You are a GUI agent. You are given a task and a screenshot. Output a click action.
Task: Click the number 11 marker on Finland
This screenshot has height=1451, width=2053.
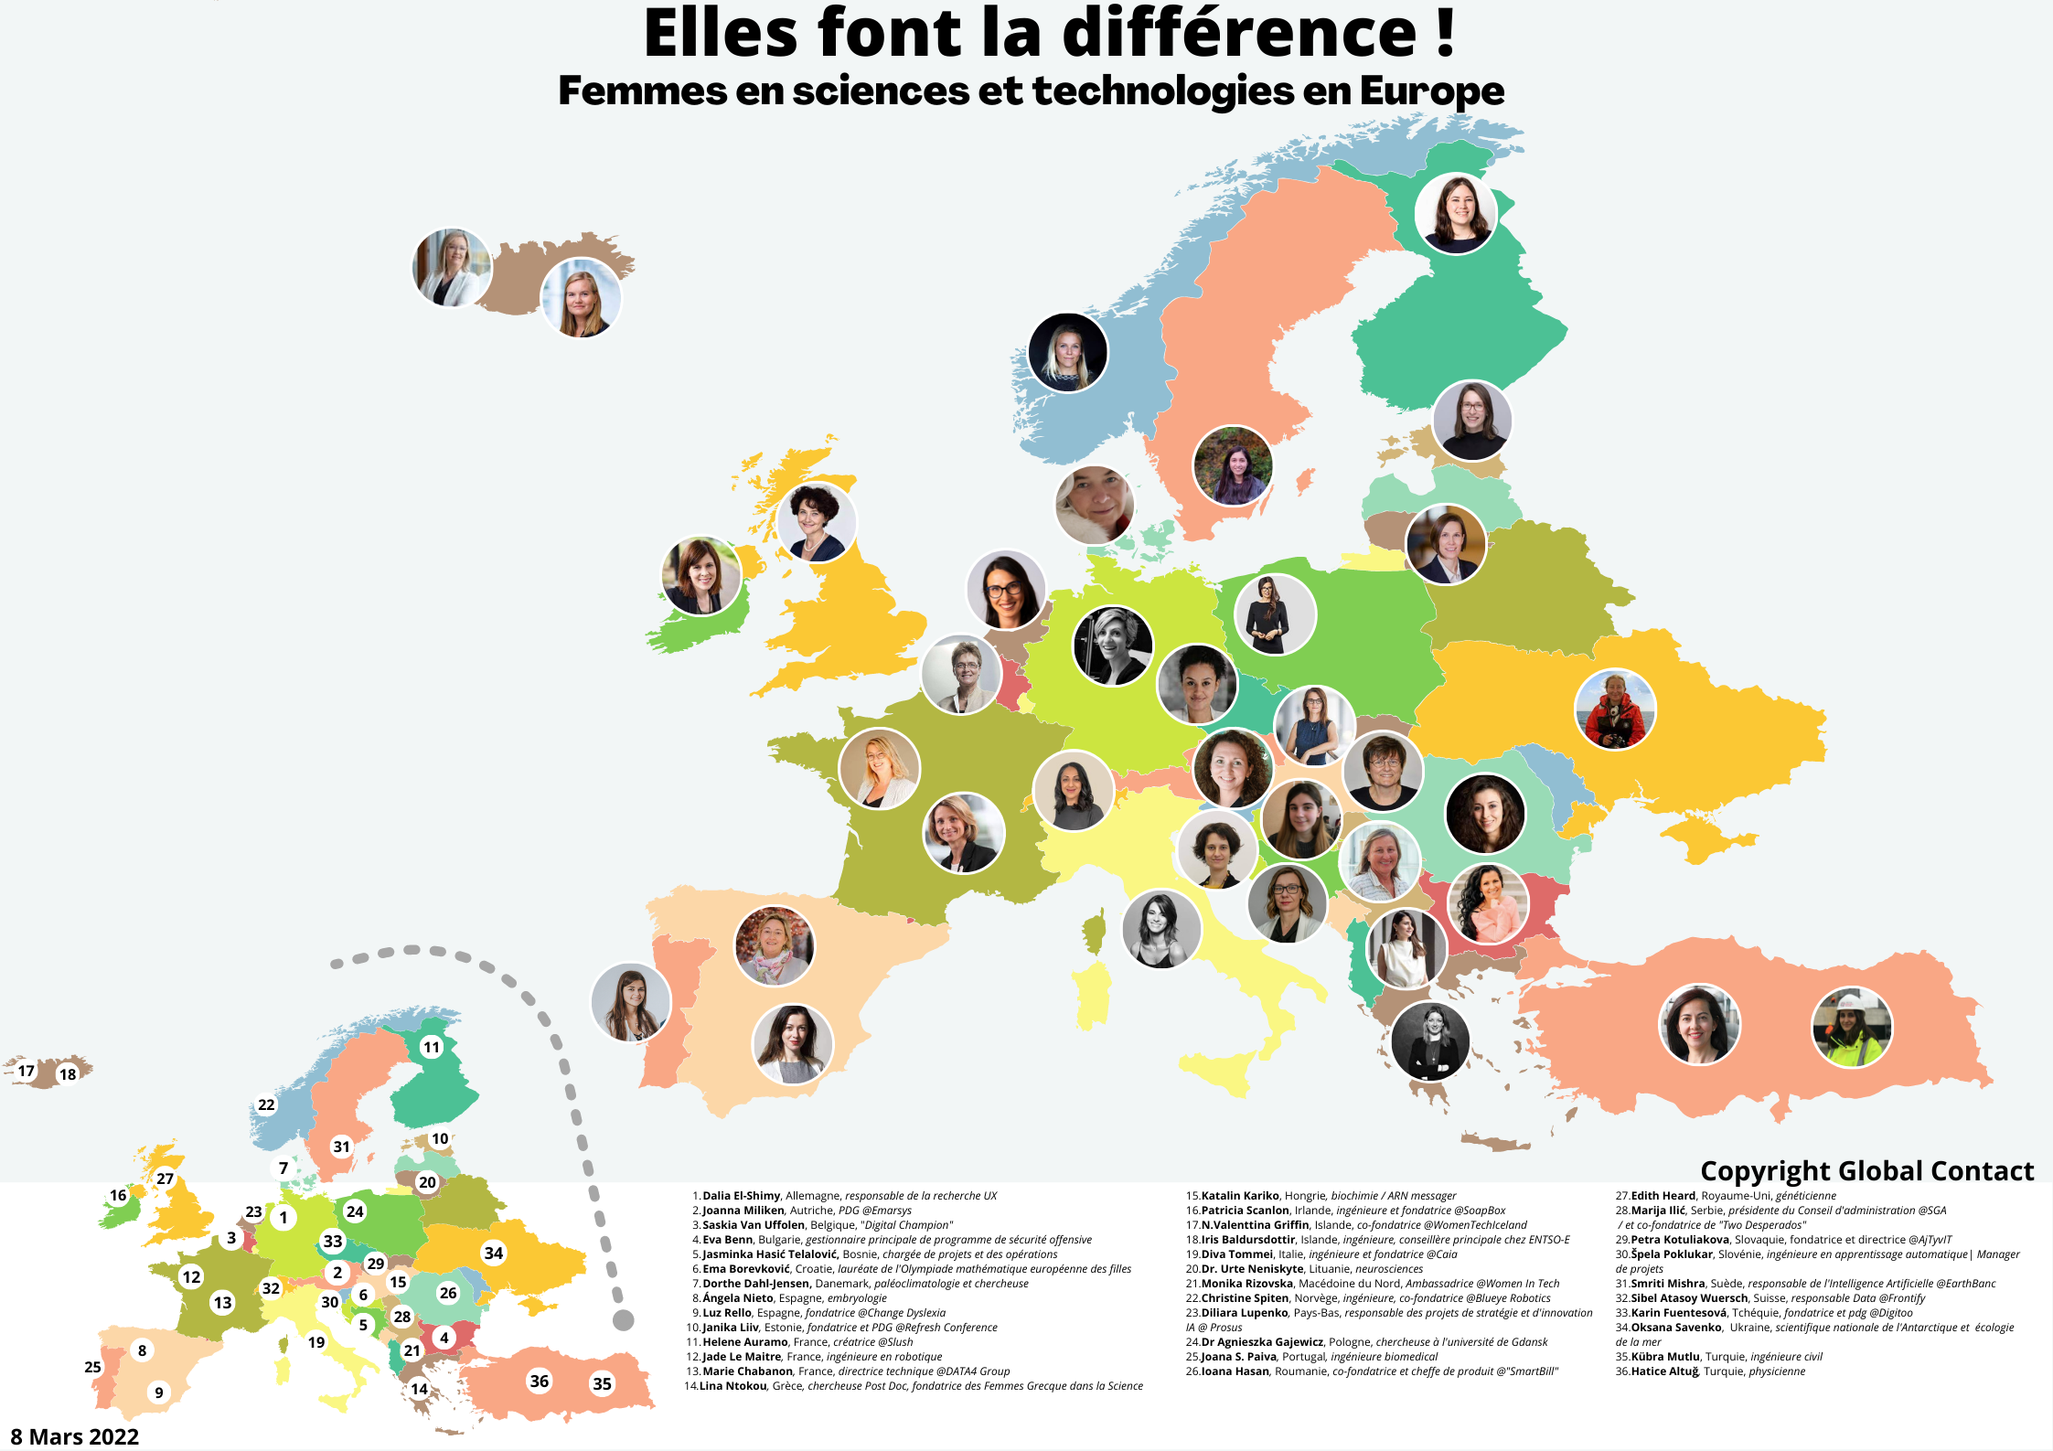pyautogui.click(x=431, y=1047)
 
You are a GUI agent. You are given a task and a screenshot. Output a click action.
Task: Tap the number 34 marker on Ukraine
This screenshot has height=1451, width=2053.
pyautogui.click(x=494, y=1253)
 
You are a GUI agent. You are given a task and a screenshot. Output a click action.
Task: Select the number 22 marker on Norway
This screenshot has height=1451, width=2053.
pyautogui.click(x=266, y=1104)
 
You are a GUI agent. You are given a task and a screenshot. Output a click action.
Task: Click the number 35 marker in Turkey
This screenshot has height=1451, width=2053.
pyautogui.click(x=602, y=1383)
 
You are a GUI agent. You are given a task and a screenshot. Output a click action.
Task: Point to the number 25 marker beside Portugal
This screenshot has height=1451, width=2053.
pyautogui.click(x=92, y=1367)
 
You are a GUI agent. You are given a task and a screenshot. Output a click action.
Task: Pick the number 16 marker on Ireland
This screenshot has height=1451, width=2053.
pyautogui.click(x=118, y=1195)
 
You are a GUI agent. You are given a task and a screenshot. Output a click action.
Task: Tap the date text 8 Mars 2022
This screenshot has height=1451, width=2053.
pyautogui.click(x=75, y=1436)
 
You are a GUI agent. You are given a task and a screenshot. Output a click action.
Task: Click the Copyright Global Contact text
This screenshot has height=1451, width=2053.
pyautogui.click(x=1866, y=1171)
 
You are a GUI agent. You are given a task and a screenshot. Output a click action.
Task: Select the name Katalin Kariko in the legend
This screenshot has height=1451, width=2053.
pyautogui.click(x=1240, y=1196)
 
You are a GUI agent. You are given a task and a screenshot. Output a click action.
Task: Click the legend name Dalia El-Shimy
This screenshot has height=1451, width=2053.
pyautogui.click(x=741, y=1196)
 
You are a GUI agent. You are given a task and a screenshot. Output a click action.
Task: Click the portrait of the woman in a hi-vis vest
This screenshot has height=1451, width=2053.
pyautogui.click(x=1852, y=1026)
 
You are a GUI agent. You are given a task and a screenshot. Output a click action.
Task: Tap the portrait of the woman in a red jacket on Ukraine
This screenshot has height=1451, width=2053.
pyautogui.click(x=1615, y=709)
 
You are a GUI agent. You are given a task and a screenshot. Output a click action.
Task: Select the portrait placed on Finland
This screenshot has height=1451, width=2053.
pyautogui.click(x=1456, y=213)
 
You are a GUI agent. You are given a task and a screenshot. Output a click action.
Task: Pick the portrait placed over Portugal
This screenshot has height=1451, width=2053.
pyautogui.click(x=631, y=1003)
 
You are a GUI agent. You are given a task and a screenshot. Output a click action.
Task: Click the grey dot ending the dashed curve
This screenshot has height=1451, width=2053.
pyautogui.click(x=623, y=1319)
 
